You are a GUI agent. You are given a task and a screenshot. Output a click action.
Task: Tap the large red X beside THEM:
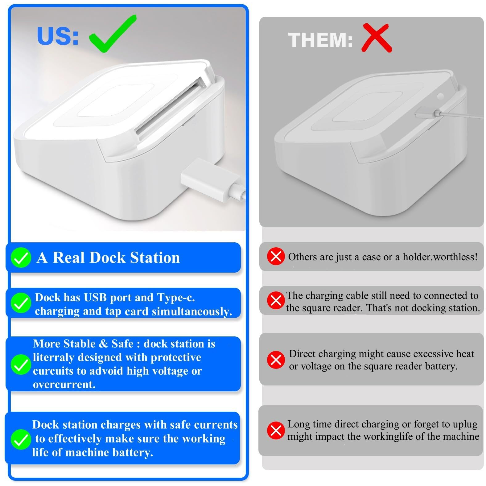click(376, 38)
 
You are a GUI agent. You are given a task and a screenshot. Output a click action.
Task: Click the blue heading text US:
click(58, 36)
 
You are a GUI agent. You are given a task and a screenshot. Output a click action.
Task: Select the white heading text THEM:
click(320, 40)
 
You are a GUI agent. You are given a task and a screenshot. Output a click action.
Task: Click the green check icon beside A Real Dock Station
click(21, 257)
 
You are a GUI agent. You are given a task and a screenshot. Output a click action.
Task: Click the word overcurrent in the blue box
click(64, 384)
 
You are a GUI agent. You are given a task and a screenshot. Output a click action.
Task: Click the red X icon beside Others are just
click(276, 256)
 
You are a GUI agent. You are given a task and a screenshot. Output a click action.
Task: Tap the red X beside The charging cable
click(276, 300)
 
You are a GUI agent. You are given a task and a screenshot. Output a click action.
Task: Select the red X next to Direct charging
click(276, 360)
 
